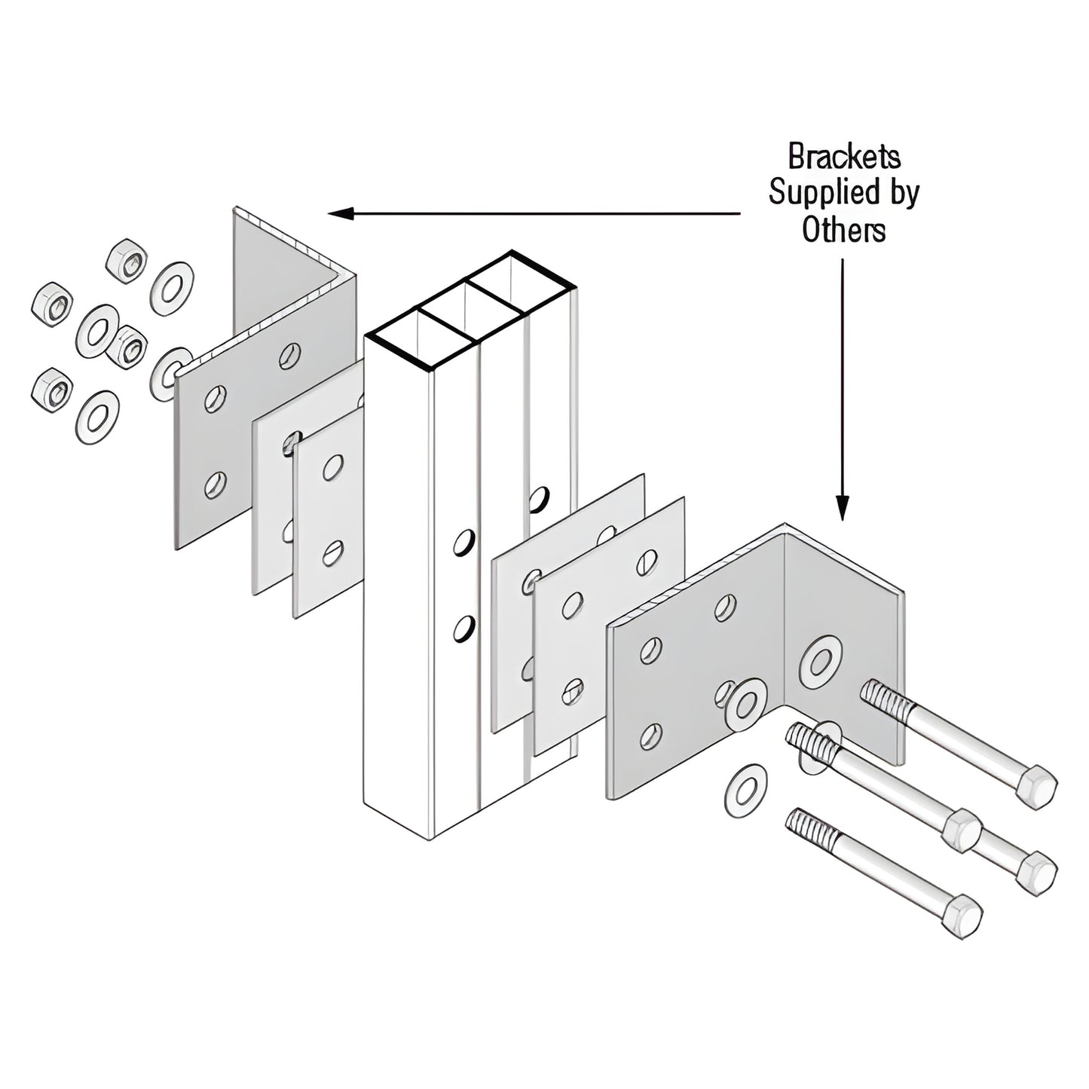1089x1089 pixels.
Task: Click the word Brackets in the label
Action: (x=844, y=157)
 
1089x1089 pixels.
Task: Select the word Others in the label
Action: (x=843, y=230)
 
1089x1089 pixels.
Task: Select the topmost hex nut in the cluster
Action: (x=126, y=261)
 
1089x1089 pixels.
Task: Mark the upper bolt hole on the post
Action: (x=464, y=543)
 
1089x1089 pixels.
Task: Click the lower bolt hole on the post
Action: (x=464, y=629)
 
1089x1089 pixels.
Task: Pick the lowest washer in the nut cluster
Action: (x=97, y=417)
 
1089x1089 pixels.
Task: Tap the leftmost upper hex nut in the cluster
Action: (x=52, y=304)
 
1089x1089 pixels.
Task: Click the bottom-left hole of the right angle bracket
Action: (x=650, y=736)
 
